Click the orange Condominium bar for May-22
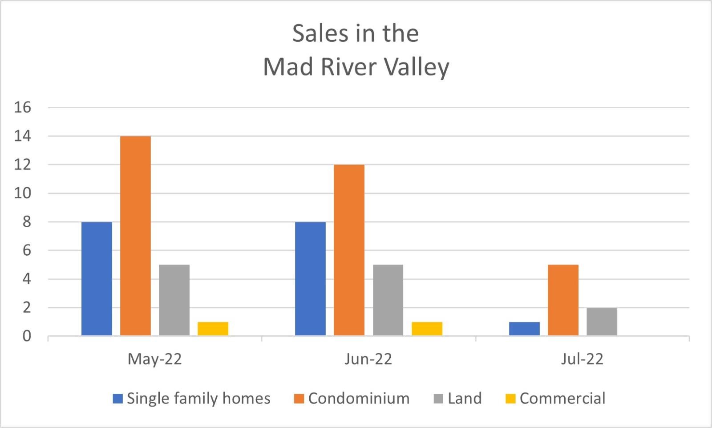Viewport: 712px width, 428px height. pos(135,236)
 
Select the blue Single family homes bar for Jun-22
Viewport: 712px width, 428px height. pos(310,279)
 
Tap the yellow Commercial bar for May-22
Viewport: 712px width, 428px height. pos(213,329)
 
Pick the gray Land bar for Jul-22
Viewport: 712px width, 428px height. pos(602,322)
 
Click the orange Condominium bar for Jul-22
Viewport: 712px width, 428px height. pos(563,300)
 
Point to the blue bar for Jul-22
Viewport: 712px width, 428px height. pos(524,329)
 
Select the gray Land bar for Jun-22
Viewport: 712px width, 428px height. pos(388,300)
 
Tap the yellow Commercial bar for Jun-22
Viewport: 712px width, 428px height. pos(427,329)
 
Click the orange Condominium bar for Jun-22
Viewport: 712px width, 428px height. pos(349,250)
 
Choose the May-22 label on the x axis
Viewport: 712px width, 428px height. pos(155,359)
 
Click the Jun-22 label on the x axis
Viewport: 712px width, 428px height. pos(368,359)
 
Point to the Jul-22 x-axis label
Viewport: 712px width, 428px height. pos(582,359)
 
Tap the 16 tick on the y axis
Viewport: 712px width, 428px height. pos(23,107)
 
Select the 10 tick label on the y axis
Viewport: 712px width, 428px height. pos(23,193)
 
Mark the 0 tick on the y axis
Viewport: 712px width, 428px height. pos(27,336)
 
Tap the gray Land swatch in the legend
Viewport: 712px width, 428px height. pos(438,399)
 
